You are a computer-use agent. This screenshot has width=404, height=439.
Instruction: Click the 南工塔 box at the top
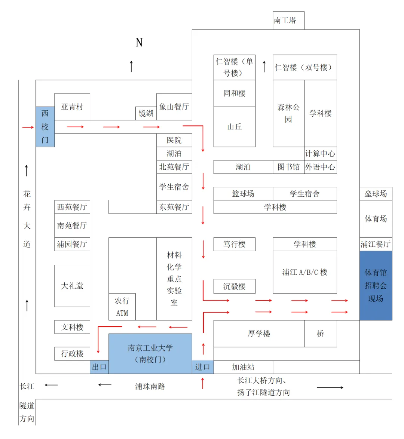tap(288, 21)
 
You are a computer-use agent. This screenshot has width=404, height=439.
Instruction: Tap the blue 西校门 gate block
tap(45, 127)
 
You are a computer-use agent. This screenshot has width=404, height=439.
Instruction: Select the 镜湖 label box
tap(146, 113)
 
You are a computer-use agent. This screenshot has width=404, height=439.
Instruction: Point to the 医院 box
tap(174, 140)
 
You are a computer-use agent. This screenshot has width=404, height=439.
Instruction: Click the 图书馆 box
tap(288, 167)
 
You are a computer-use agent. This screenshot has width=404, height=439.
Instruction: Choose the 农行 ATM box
tap(122, 307)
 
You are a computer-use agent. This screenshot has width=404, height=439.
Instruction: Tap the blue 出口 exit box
tap(99, 367)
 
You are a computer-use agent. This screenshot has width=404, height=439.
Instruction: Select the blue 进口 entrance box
tap(202, 367)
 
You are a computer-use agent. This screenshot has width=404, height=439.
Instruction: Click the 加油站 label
tap(243, 367)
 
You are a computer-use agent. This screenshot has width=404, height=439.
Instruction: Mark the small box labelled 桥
tap(320, 334)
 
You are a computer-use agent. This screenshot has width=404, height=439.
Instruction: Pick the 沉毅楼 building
tap(234, 286)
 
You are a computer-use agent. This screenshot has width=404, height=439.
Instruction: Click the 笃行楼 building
tap(234, 244)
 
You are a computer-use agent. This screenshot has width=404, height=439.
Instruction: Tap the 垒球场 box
tap(376, 194)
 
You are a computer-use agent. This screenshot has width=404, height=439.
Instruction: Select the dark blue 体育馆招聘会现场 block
tap(376, 285)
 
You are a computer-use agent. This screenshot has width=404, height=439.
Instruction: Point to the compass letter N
tap(139, 43)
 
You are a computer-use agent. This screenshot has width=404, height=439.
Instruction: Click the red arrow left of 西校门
tap(28, 128)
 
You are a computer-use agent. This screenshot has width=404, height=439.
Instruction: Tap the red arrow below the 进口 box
tap(203, 383)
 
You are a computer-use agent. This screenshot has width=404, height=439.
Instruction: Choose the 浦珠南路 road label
tap(150, 386)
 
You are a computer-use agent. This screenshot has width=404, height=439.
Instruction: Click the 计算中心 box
tap(320, 153)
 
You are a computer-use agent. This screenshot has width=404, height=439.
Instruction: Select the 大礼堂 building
tap(72, 286)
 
